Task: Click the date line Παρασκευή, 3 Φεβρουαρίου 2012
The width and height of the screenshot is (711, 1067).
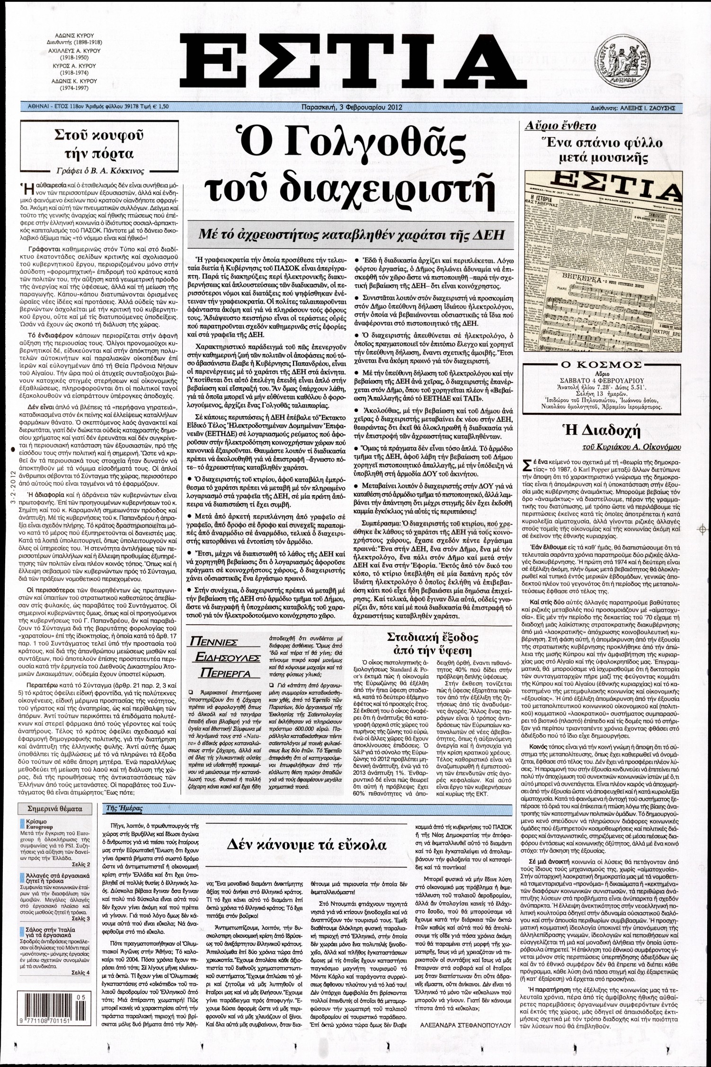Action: (351, 107)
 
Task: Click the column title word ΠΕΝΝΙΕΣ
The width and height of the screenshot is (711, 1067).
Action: (219, 642)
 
